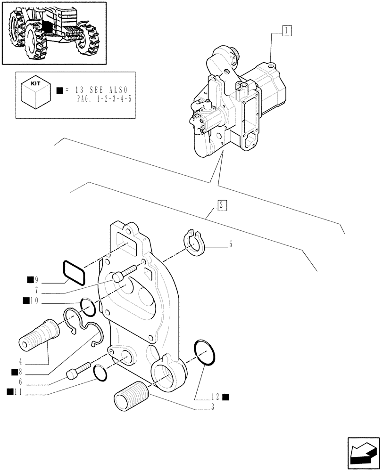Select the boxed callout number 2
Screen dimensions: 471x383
222,205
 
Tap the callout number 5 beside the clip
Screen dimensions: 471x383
230,244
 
